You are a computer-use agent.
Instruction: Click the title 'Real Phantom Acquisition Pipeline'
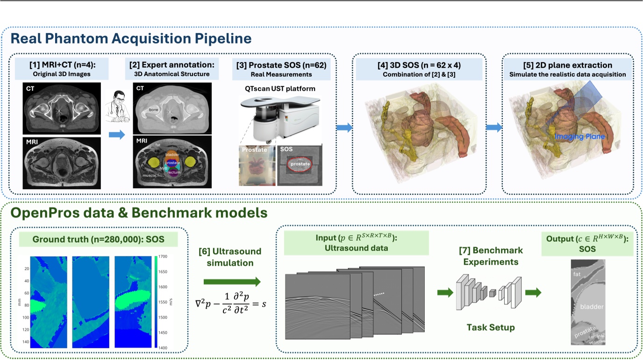pos(130,38)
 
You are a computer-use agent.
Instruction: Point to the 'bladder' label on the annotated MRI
pos(172,154)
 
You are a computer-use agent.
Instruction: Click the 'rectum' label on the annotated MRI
pos(173,173)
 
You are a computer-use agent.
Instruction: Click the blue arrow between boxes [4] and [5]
pos(493,128)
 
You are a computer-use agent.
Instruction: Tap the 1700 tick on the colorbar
pos(163,257)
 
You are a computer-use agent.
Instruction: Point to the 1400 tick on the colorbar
pos(163,347)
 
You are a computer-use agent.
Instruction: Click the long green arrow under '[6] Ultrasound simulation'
pos(232,281)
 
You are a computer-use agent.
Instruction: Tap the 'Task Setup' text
pos(491,327)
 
